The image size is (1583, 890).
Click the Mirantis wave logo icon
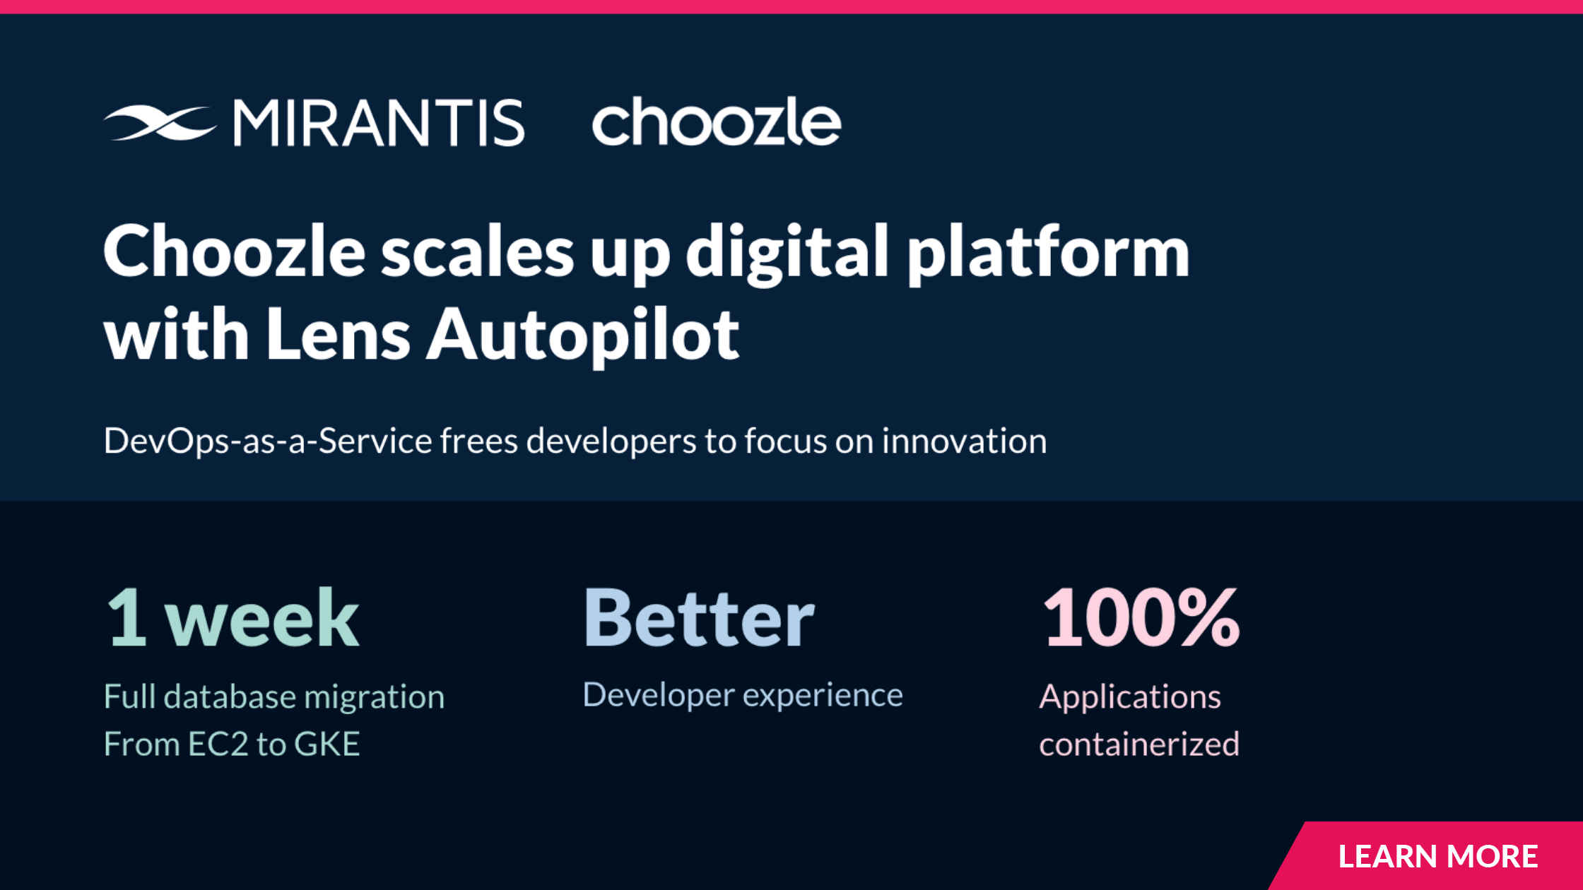coord(160,123)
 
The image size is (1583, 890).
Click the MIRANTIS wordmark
coord(379,123)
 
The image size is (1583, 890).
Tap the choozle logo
coord(717,121)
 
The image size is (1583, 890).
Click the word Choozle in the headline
coord(235,252)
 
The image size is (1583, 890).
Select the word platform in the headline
coord(1049,254)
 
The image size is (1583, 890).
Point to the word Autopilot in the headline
coord(583,336)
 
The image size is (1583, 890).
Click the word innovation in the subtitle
coord(964,441)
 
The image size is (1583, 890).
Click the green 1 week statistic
coord(233,618)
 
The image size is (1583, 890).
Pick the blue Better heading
coord(699,618)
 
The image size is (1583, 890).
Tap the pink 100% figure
coord(1141,618)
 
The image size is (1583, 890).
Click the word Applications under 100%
coord(1130,698)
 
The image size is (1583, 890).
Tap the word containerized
coord(1139,744)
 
